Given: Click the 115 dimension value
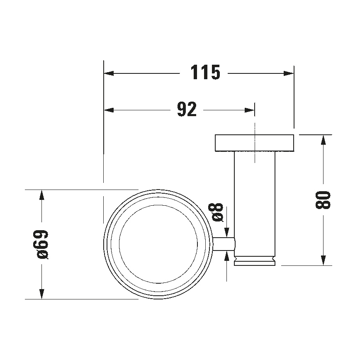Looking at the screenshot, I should point(205,73).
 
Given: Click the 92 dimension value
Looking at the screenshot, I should point(187,110).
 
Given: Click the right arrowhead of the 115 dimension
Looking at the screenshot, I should point(289,73).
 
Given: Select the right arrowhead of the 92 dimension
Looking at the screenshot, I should point(250,110).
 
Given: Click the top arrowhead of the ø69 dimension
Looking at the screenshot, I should point(41,195).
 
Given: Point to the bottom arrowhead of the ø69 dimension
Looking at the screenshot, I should point(41,294).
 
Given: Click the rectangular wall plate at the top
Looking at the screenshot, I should point(254,143).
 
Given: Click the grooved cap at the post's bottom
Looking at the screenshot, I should point(255,261).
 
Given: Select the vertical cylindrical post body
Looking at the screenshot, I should point(255,203).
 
